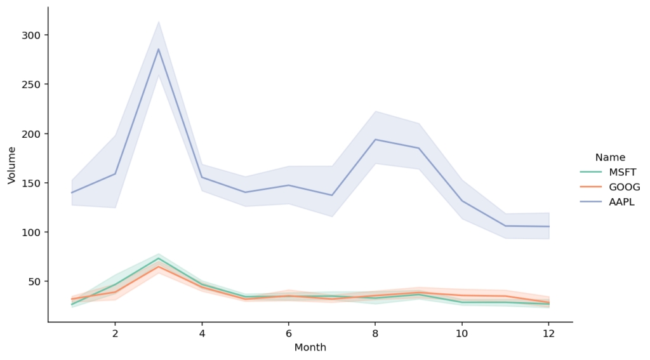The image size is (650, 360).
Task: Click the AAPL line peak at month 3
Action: (x=158, y=50)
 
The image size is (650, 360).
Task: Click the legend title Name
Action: (x=610, y=157)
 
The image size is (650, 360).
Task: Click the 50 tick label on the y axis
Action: (x=35, y=281)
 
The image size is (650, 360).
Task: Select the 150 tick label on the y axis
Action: (x=32, y=183)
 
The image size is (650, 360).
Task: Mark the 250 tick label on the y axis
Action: (x=32, y=84)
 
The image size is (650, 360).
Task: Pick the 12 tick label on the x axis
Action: (x=548, y=333)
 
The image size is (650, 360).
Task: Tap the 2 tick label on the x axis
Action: (x=115, y=333)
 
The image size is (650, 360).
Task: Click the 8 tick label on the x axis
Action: (x=375, y=333)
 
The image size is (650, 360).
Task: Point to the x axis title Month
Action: (x=310, y=348)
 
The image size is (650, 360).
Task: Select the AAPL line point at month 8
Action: (x=375, y=140)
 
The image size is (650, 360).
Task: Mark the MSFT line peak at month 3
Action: (x=158, y=258)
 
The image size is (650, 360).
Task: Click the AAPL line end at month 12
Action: (x=548, y=227)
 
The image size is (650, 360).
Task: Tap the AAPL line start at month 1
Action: (x=72, y=192)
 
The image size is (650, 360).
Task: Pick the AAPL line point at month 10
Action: (x=461, y=201)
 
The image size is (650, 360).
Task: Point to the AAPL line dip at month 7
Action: (x=332, y=195)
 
